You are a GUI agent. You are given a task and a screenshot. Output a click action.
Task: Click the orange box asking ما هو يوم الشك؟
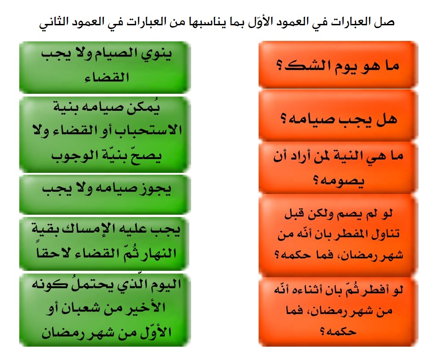pos(338,65)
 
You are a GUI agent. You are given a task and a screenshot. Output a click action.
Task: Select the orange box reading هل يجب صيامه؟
pos(338,118)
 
